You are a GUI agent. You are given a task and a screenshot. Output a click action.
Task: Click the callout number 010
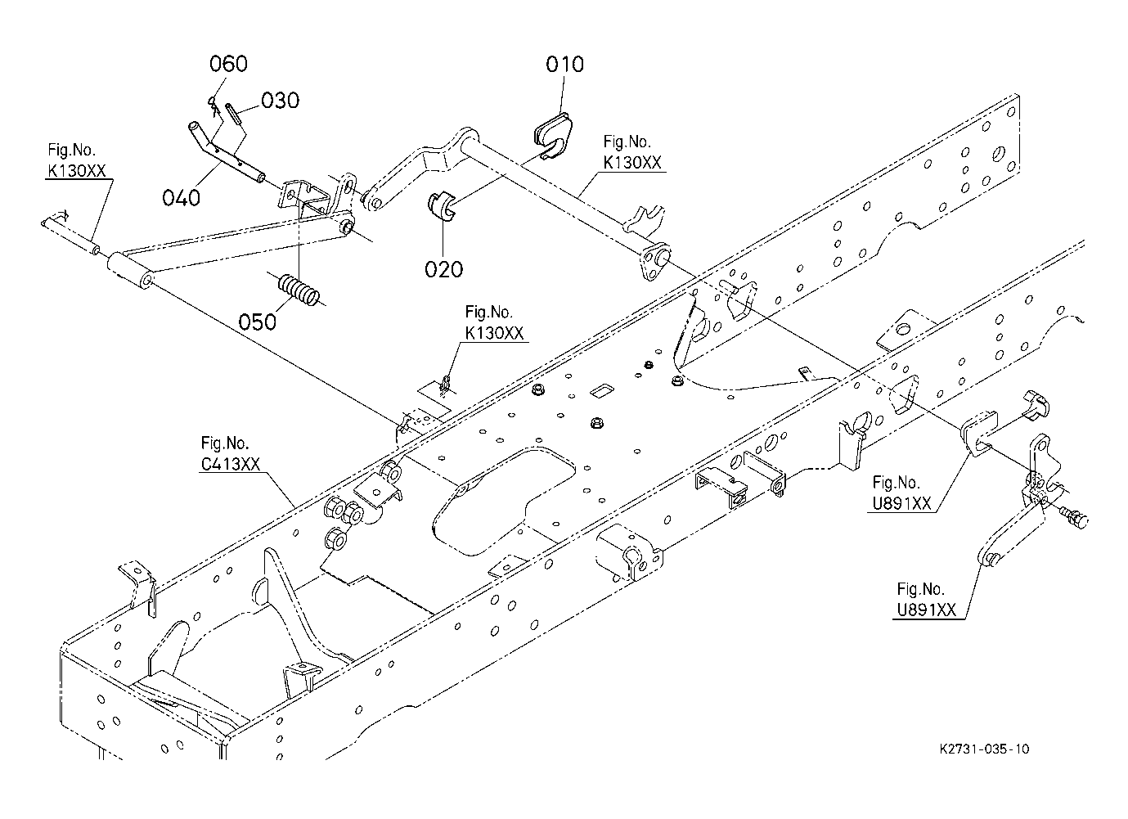565,64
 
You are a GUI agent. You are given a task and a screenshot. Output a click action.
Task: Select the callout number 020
443,268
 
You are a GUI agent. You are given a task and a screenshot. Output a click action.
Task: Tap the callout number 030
280,100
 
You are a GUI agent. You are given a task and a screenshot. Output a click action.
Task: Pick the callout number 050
258,322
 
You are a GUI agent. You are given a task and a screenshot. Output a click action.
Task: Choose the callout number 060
228,64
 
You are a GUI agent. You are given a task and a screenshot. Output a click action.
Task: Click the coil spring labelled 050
299,290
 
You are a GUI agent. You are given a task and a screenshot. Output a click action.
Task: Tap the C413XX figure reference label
231,463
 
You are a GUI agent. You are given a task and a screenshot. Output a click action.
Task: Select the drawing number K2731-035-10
984,749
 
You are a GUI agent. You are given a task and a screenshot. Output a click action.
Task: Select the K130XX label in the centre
493,333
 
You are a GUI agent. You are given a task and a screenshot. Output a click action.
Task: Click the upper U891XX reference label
901,503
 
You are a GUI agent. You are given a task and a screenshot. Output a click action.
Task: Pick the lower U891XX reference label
926,610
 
